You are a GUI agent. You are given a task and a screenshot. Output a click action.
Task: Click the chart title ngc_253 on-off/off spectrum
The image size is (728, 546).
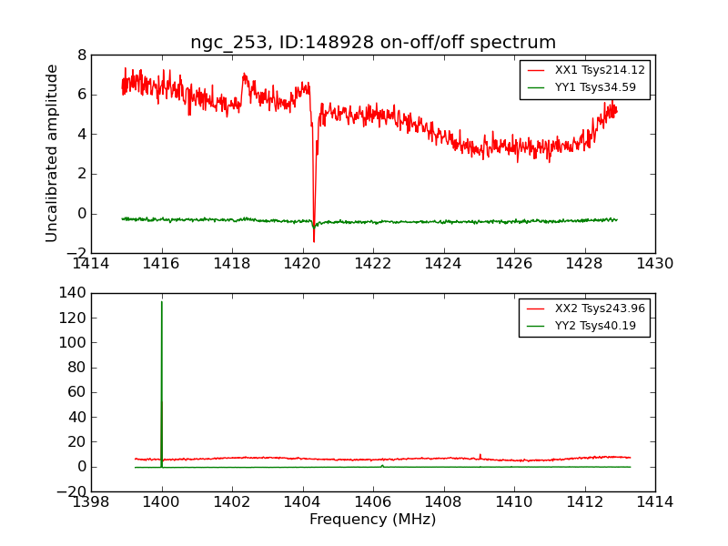coord(373,43)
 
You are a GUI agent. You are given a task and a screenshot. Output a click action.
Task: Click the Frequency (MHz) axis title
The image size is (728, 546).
coord(372,520)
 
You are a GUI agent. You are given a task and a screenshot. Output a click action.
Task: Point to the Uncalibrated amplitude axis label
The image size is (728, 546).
coord(53,153)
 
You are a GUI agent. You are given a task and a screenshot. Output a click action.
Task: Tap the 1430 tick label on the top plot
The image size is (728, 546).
coord(654,264)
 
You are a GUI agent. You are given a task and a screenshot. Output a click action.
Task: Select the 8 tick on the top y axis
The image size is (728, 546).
coord(82,55)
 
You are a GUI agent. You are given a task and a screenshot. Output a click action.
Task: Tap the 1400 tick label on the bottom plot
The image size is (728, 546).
coord(162,502)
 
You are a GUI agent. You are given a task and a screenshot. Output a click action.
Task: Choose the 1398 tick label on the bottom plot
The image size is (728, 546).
coord(91,502)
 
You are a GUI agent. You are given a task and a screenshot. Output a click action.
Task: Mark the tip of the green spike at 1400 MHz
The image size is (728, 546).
coord(162,301)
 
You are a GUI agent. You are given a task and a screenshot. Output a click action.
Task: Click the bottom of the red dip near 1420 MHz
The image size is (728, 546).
coord(314,241)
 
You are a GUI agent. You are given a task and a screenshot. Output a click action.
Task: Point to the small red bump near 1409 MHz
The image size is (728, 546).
coord(480,455)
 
